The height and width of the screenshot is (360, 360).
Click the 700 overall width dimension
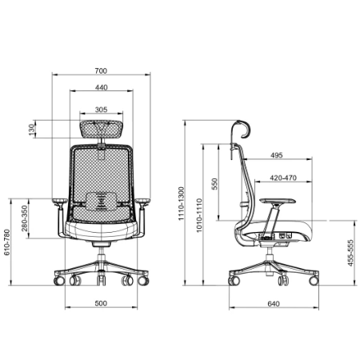point(101,71)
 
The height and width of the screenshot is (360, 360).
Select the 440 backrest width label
point(102,87)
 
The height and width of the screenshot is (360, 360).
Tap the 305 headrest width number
point(101,110)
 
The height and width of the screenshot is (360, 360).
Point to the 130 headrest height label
point(32,129)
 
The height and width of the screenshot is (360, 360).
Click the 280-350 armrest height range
point(24,218)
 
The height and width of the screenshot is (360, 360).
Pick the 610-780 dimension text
point(6,242)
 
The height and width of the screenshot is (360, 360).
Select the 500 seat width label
point(101,303)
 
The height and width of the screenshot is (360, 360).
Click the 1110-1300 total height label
point(182,204)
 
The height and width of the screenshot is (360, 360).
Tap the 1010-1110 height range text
point(199,215)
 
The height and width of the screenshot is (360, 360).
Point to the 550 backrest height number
point(214,184)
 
